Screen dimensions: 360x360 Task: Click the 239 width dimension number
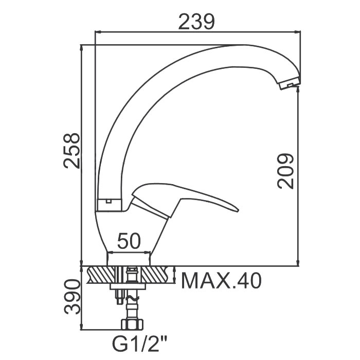click(x=196, y=22)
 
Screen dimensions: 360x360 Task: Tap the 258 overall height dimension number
click(x=71, y=151)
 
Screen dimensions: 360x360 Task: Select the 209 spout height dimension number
click(x=285, y=171)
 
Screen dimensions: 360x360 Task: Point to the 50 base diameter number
click(x=129, y=241)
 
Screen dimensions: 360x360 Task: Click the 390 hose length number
click(x=72, y=297)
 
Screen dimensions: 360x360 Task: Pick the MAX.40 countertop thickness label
click(x=221, y=281)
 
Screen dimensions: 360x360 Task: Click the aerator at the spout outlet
click(x=290, y=83)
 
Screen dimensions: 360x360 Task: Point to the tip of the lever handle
click(x=238, y=210)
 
